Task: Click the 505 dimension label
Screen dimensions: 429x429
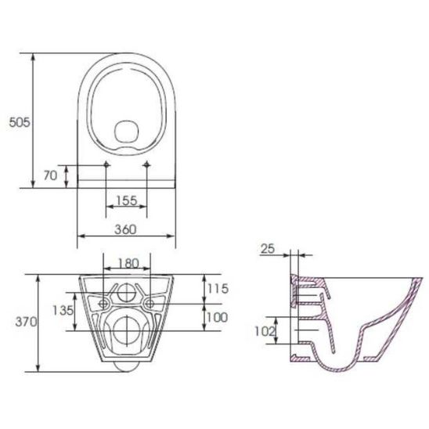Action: point(20,122)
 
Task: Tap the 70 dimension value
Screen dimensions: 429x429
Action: point(50,175)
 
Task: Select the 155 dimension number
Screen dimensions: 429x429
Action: point(126,200)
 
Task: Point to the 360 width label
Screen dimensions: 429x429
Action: point(125,229)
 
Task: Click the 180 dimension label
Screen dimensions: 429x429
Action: point(128,264)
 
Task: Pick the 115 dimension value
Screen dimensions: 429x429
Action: point(218,289)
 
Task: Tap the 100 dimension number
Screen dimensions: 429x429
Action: point(217,317)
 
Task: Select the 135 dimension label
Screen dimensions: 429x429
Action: point(63,310)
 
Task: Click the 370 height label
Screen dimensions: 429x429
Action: point(26,322)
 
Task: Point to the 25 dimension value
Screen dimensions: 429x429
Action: point(267,249)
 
